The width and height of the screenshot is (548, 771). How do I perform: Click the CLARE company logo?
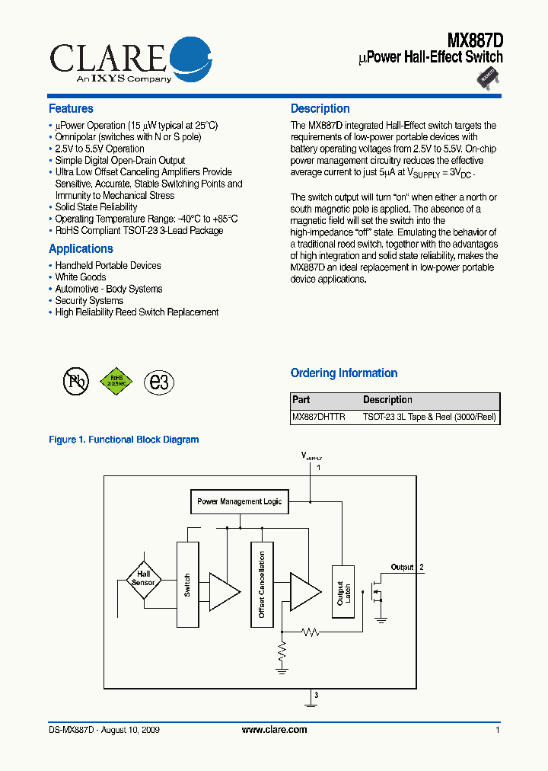130,60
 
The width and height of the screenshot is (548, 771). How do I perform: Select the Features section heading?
71,109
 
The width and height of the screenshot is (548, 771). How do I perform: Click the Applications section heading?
81,249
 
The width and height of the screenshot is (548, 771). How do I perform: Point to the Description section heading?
320,109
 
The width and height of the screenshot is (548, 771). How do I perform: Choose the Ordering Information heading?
344,373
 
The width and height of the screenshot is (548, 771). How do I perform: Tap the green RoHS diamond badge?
116,382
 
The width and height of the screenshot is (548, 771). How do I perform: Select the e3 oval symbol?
159,382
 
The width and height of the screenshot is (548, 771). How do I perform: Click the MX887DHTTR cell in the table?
319,417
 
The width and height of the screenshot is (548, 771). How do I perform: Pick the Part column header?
301,400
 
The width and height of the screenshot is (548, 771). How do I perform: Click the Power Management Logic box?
239,501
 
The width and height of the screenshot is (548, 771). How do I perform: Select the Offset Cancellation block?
262,584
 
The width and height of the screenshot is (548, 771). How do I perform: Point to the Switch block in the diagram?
187,584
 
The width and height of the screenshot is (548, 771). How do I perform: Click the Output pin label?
402,568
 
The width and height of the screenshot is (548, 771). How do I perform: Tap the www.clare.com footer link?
274,730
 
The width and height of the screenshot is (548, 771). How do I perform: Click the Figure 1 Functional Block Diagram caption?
123,440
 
